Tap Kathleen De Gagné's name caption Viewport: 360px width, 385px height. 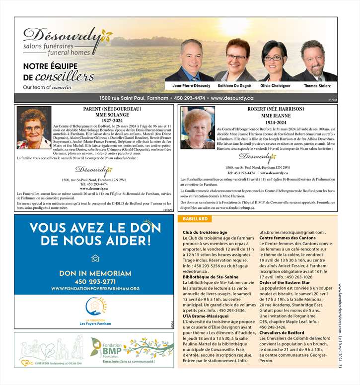(x=234, y=86)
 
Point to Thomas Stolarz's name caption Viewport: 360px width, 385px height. (x=318, y=86)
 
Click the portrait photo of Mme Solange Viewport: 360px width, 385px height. (x=33, y=128)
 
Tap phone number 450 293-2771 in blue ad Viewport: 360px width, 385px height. (x=95, y=281)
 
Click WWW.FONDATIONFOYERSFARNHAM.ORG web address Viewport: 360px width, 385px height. (x=95, y=289)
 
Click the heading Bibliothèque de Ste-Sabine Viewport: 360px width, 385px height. (x=211, y=277)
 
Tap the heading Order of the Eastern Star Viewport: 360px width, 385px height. (x=285, y=282)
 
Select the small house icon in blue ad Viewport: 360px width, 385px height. (x=95, y=258)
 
